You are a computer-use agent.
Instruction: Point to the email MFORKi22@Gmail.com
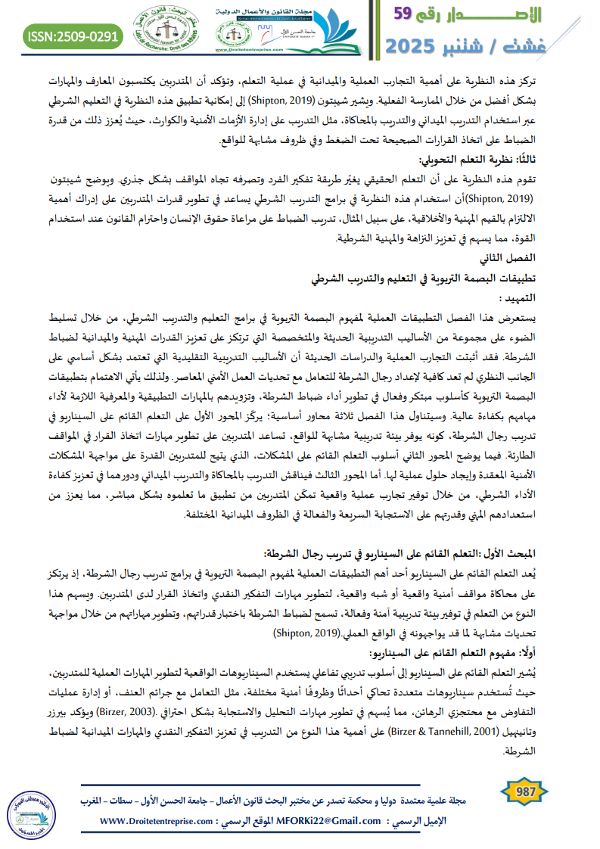[331, 820]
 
